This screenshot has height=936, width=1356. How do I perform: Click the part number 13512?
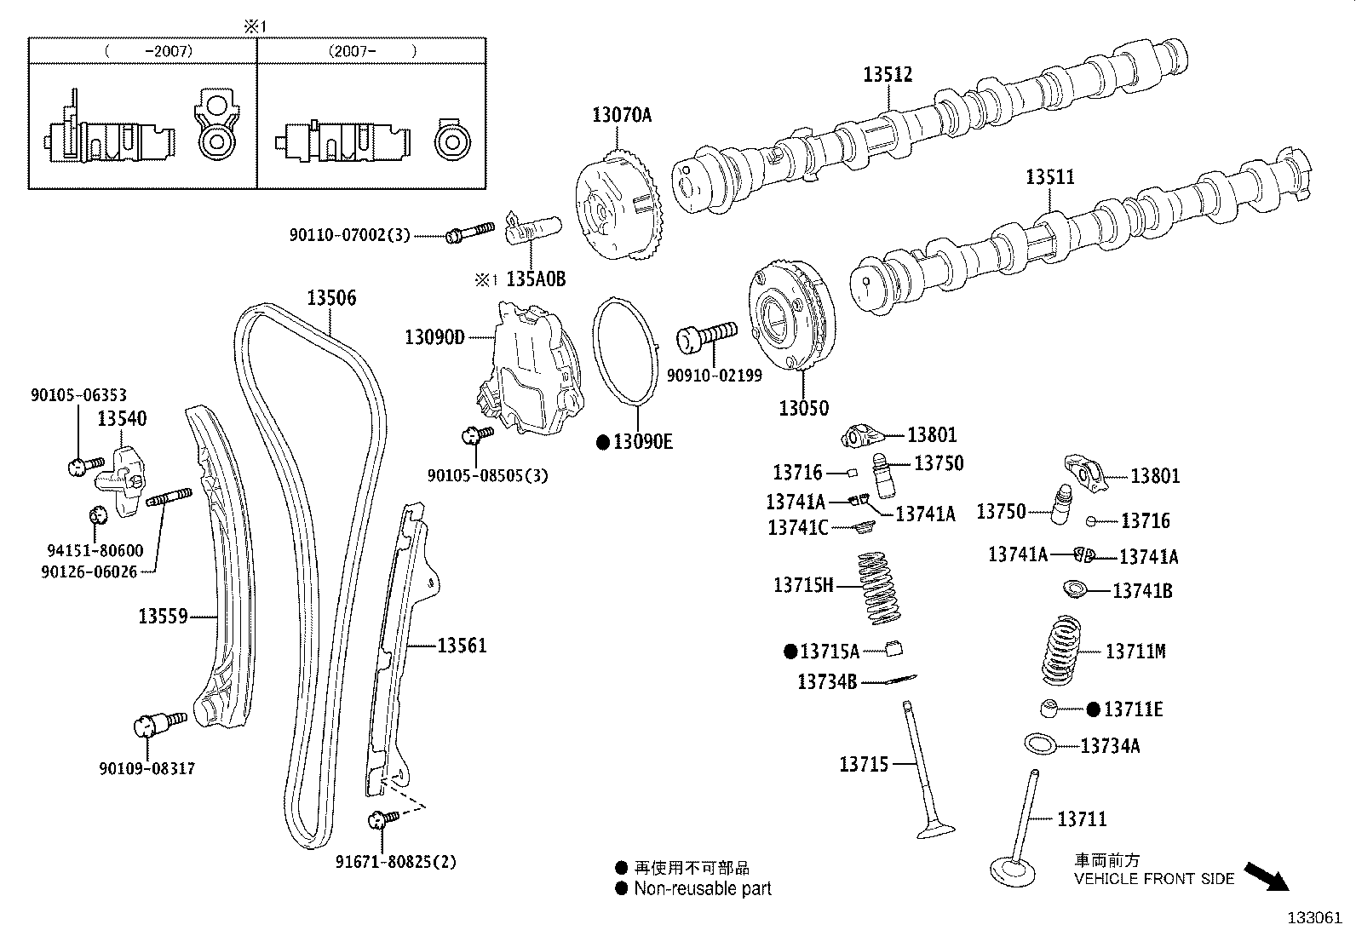888,75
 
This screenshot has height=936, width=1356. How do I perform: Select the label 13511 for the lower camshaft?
1049,177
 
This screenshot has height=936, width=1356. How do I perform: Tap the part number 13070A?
622,115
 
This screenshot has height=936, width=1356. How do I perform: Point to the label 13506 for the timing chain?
331,298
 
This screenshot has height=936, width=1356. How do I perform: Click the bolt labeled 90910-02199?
705,334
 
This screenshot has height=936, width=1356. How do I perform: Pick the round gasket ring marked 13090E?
626,349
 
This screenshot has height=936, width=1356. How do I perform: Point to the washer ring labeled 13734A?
1041,744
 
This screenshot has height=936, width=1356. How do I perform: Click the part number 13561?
462,646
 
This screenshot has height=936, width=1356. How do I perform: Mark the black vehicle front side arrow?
1267,876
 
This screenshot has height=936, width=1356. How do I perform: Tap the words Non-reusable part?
702,889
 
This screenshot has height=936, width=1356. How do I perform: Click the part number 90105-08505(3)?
487,475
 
